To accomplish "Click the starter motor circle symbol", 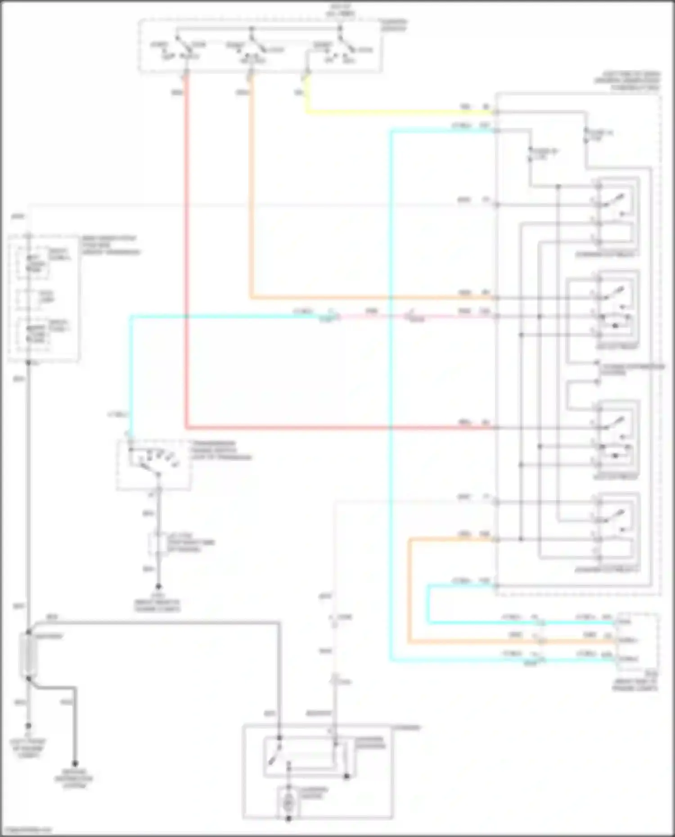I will pyautogui.click(x=289, y=802).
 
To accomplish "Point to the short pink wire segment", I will pyautogui.click(x=371, y=317).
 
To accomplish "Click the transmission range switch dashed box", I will pyautogui.click(x=153, y=464).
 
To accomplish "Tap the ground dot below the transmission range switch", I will pyautogui.click(x=158, y=586).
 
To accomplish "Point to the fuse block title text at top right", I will pyautogui.click(x=628, y=81).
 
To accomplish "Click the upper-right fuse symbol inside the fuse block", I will pyautogui.click(x=586, y=135).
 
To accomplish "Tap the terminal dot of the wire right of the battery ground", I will pyautogui.click(x=75, y=764).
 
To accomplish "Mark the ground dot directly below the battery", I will pyautogui.click(x=28, y=726).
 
